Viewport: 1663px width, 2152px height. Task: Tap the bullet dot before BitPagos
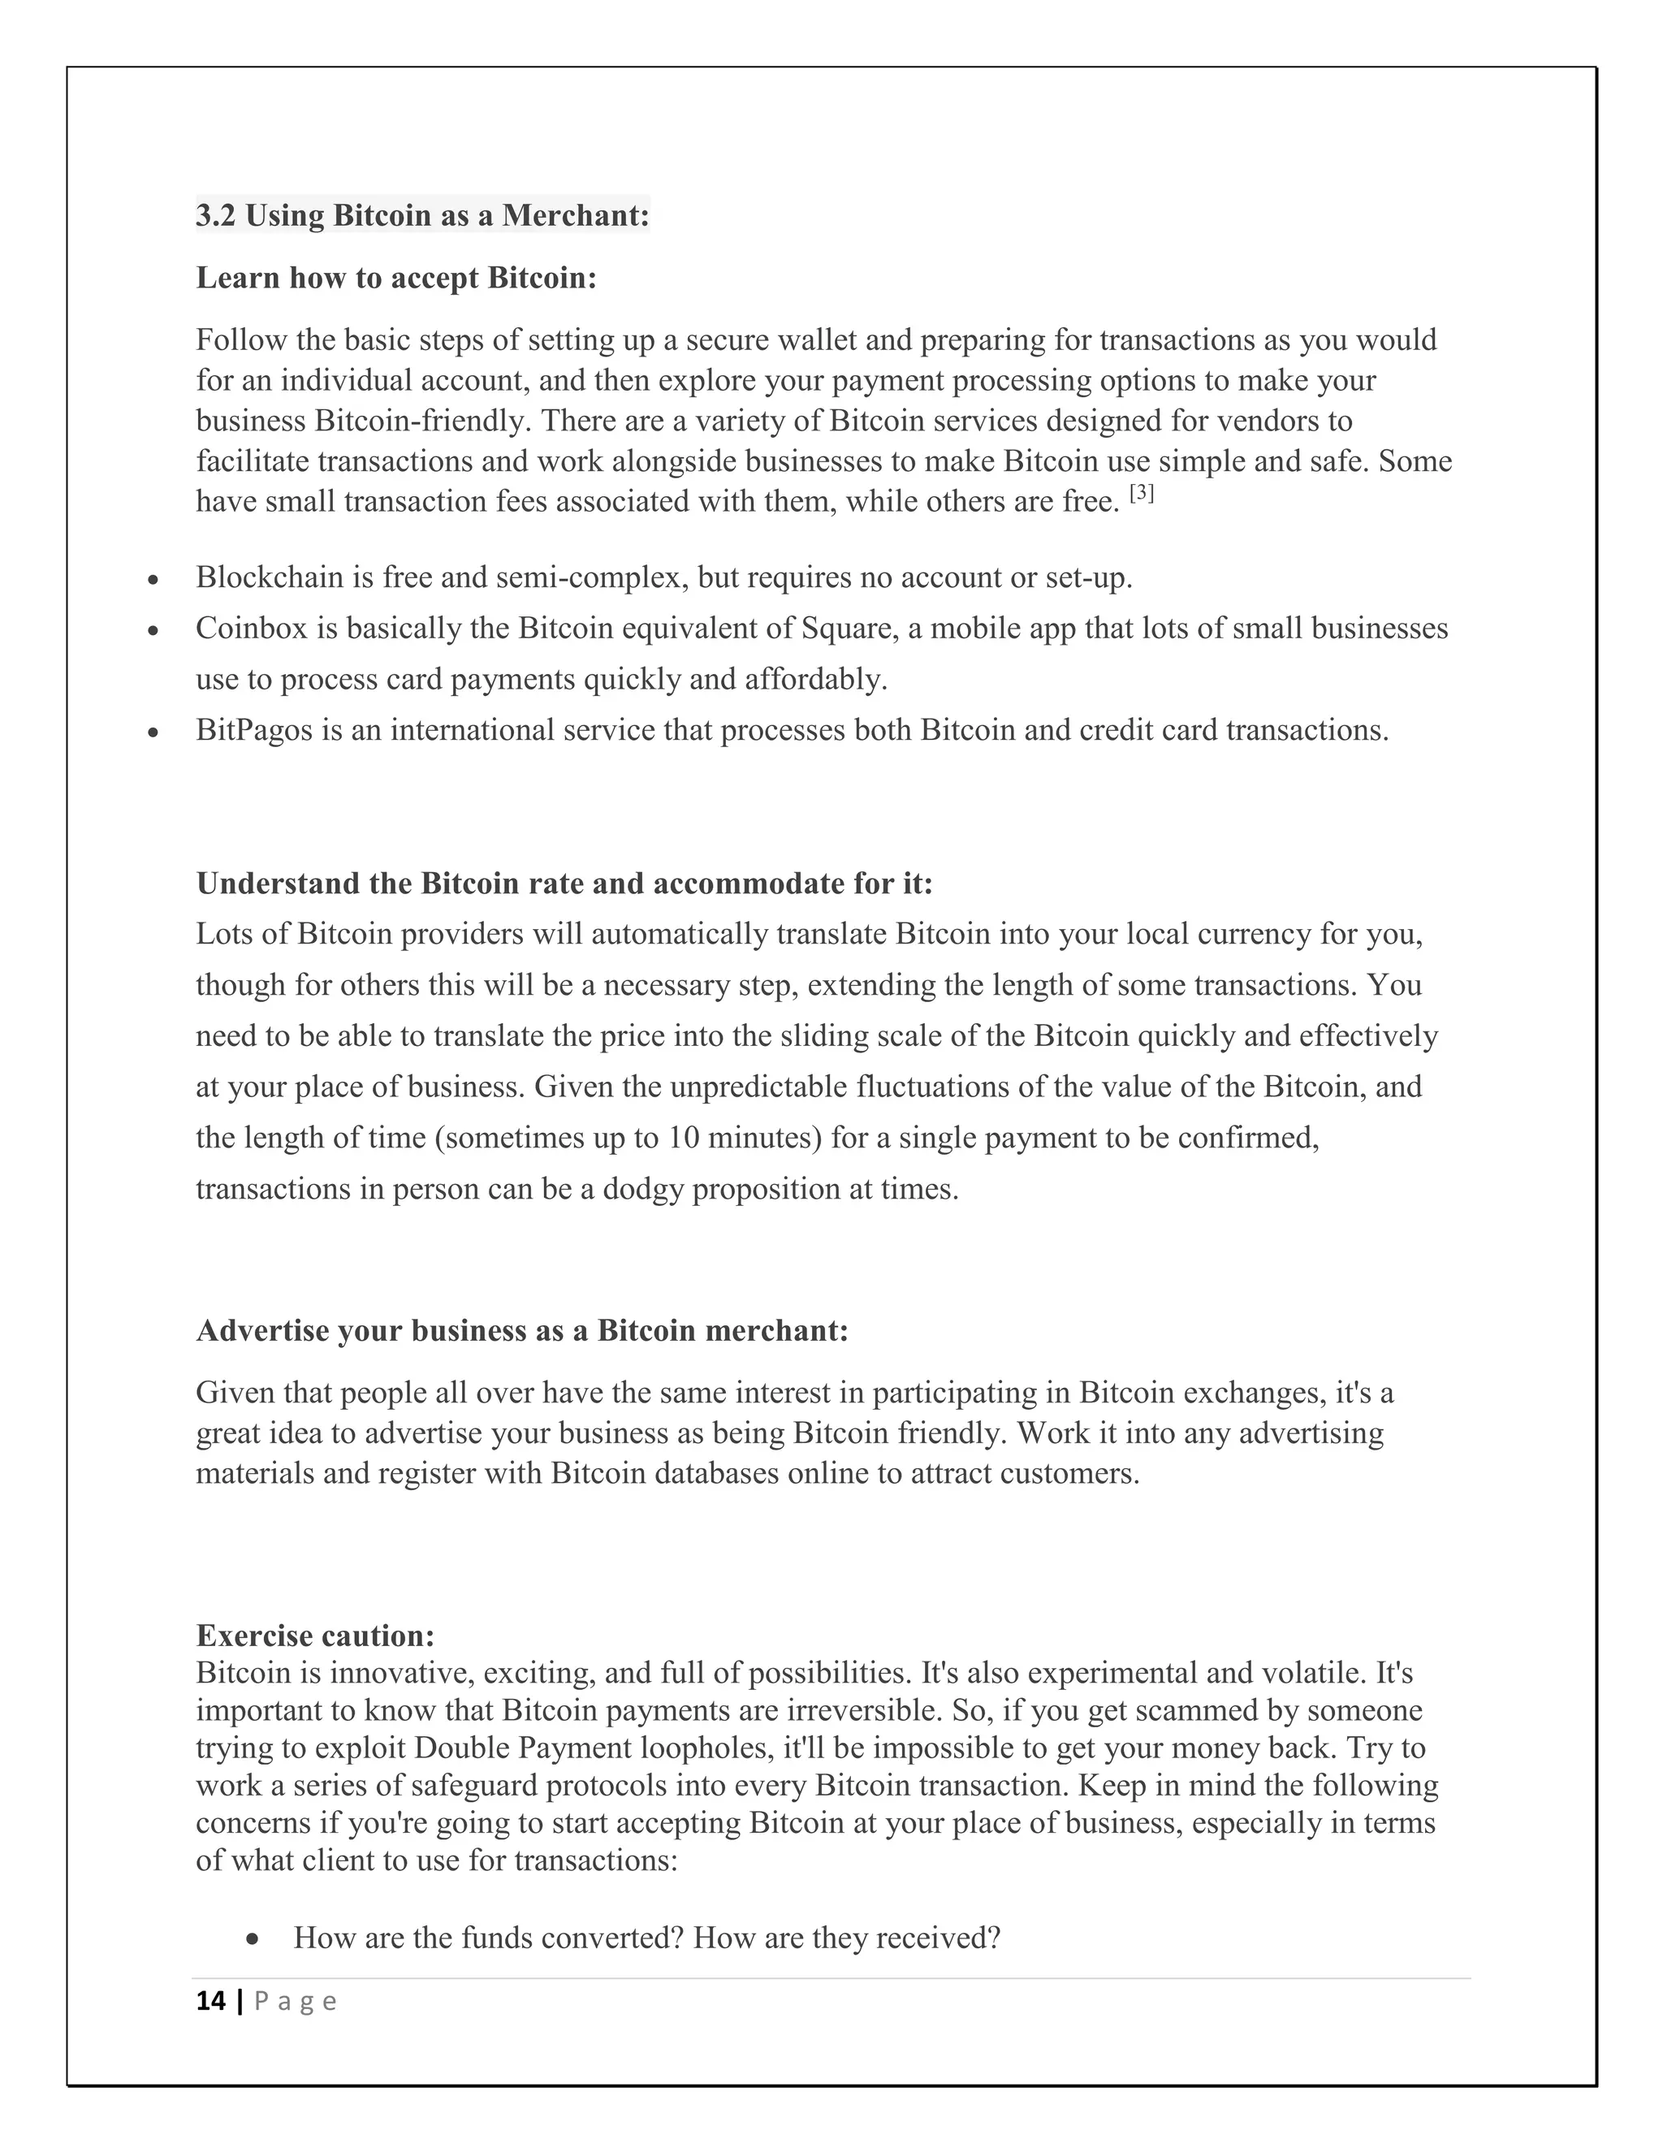coord(153,733)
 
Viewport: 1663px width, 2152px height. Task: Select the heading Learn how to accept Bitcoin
coord(396,278)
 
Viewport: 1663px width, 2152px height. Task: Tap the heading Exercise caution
coord(315,1636)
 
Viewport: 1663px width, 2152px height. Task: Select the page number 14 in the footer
coord(209,2001)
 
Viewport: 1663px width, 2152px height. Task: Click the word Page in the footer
coord(296,2001)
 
